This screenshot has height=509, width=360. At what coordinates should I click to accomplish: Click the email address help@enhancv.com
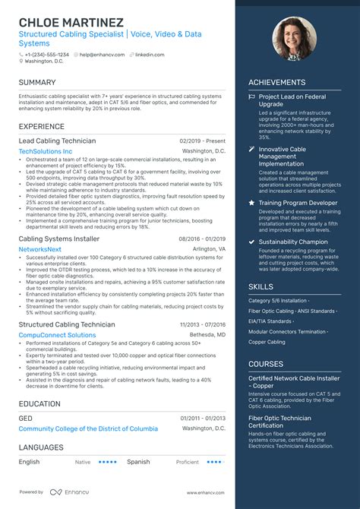coord(101,55)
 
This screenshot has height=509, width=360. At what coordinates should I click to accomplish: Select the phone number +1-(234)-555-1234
coord(46,55)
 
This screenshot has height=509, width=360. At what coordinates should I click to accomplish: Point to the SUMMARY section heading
coord(37,82)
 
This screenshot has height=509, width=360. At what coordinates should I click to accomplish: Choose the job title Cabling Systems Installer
coord(59,239)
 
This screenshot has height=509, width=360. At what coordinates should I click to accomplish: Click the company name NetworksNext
coord(40,249)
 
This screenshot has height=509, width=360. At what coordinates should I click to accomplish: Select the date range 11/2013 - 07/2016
coord(202,324)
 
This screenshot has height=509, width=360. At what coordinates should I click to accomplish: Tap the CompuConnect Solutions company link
coord(57,335)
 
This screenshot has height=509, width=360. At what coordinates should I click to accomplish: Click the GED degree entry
coord(26,418)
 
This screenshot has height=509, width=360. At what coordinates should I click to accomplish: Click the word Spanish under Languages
coord(138,461)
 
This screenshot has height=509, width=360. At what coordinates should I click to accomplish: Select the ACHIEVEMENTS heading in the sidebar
coord(276,82)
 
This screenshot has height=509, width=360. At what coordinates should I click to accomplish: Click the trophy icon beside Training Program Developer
coord(252,204)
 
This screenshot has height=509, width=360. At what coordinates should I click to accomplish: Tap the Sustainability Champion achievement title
coord(293,242)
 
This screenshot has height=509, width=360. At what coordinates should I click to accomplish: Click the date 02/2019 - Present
coord(203,141)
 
